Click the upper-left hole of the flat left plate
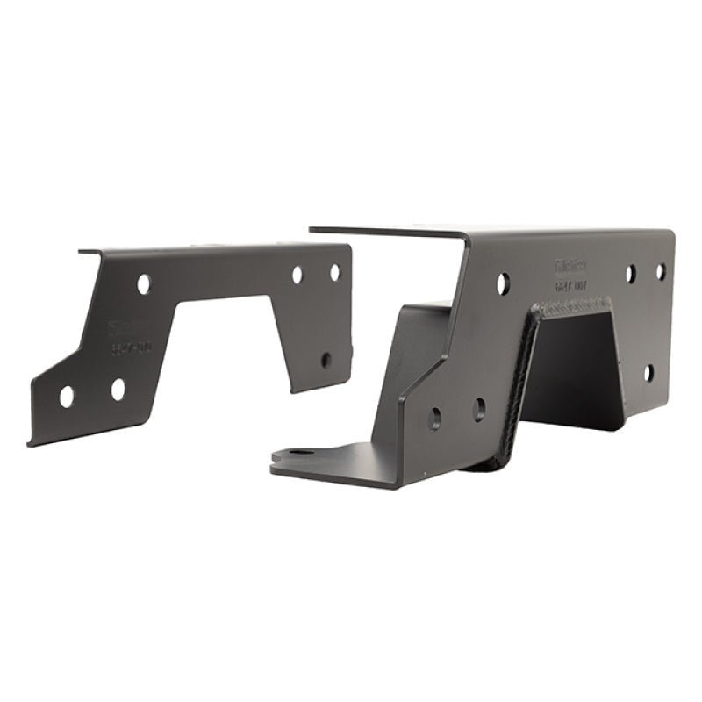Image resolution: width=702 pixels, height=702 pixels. (x=143, y=283)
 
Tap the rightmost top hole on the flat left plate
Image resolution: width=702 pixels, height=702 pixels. (x=335, y=272)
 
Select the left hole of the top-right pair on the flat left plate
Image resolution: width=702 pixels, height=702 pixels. (x=297, y=275)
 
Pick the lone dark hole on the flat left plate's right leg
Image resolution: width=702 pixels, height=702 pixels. (x=326, y=359)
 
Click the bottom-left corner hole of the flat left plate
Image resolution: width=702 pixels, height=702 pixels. (x=67, y=397)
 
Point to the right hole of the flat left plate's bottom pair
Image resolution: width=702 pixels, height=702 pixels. (x=118, y=390)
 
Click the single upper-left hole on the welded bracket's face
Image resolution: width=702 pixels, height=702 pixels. (x=503, y=283)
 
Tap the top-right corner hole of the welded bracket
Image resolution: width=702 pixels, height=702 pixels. (x=661, y=271)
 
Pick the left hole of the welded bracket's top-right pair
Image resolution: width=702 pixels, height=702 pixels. (x=630, y=274)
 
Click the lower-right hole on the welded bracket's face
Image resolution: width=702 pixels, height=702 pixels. (x=648, y=373)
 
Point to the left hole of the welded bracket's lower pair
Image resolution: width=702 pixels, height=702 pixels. (x=434, y=418)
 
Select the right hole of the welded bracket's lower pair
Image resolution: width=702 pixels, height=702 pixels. (x=478, y=409)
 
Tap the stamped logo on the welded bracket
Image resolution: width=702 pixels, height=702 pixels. (x=571, y=265)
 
